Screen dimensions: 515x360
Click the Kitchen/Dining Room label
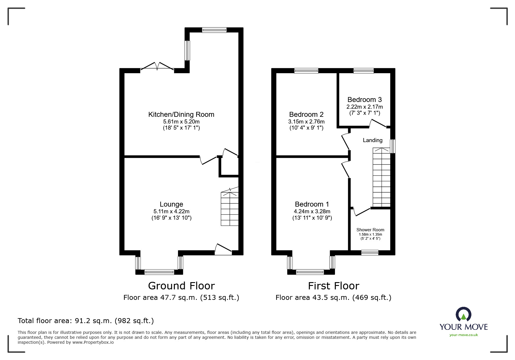181,114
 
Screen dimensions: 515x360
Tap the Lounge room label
171,204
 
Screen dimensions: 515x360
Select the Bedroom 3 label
364,100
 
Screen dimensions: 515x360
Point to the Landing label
373,140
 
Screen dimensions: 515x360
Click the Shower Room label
370,230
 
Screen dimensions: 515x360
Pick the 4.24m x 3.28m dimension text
312,212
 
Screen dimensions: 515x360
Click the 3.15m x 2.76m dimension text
306,122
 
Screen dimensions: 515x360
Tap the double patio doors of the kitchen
157,66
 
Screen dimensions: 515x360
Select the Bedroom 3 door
378,123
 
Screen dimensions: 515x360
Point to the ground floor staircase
230,207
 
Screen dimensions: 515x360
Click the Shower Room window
370,252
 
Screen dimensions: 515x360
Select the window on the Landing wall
393,146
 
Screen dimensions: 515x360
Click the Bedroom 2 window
306,71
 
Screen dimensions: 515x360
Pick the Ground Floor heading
181,286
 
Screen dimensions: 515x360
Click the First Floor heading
334,286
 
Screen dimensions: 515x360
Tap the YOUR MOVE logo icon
463,315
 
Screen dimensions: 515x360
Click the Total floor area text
86,321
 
